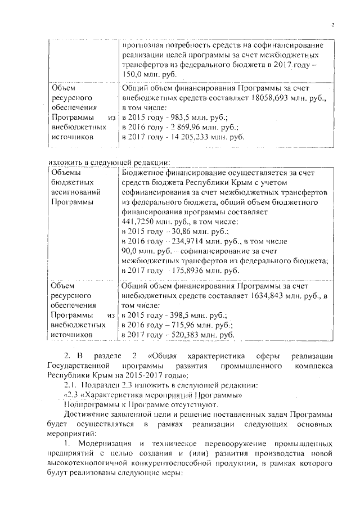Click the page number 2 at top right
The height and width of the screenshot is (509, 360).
click(332, 25)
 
